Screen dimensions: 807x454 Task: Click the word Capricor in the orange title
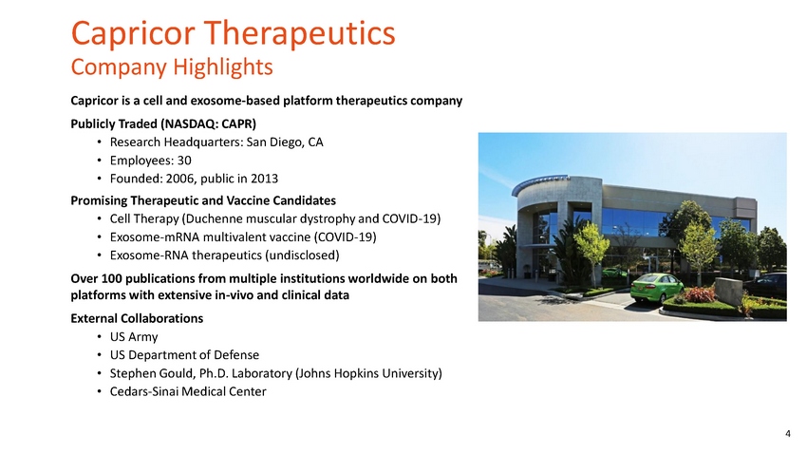pyautogui.click(x=133, y=34)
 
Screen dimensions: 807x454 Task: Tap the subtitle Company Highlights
pyautogui.click(x=172, y=67)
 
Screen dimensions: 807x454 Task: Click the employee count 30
pyautogui.click(x=184, y=161)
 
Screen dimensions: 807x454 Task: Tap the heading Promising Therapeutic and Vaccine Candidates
pyautogui.click(x=203, y=200)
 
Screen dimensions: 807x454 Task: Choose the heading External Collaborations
pyautogui.click(x=137, y=318)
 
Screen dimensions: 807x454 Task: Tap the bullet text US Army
pyautogui.click(x=134, y=337)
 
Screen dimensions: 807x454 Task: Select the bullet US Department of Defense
pyautogui.click(x=184, y=355)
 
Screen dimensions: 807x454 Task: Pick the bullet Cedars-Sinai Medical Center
pyautogui.click(x=188, y=391)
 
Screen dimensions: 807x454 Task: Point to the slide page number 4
pyautogui.click(x=787, y=433)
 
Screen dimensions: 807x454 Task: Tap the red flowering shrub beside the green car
pyautogui.click(x=700, y=294)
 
